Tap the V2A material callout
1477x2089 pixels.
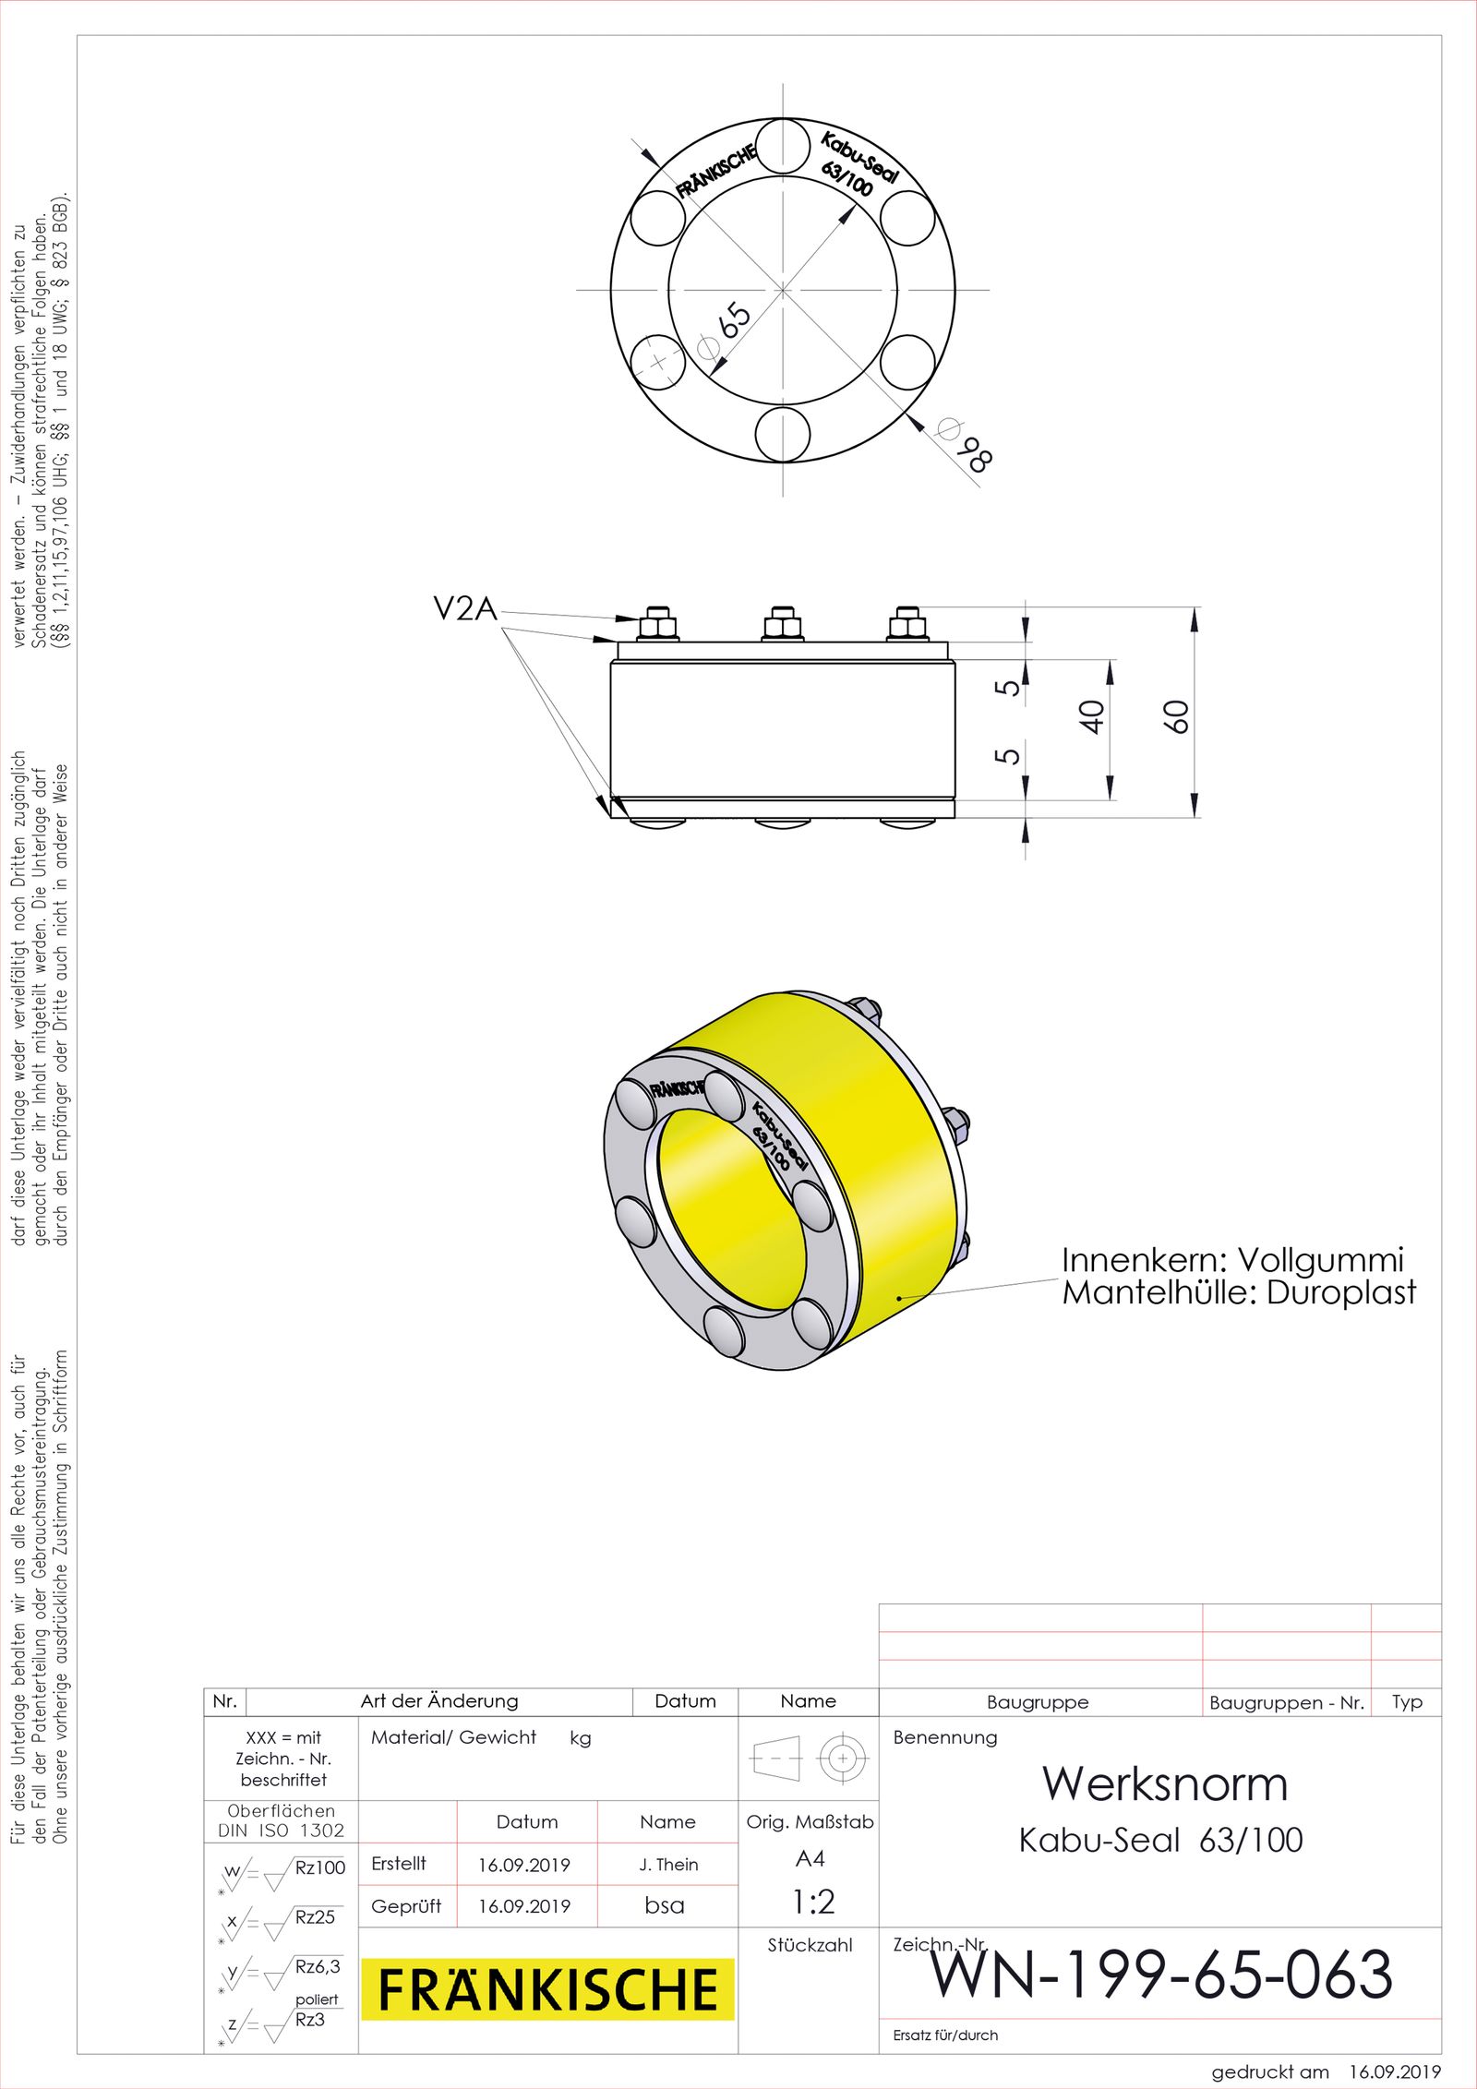click(465, 609)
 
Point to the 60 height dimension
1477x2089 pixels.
click(1175, 716)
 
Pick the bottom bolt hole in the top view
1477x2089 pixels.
click(783, 434)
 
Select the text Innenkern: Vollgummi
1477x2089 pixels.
click(1231, 1260)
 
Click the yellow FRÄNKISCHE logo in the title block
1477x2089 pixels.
click(547, 1989)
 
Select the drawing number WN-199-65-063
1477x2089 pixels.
click(1161, 1975)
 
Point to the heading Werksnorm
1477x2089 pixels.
click(1165, 1783)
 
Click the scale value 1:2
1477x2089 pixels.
click(813, 1902)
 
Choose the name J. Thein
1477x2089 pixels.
click(668, 1865)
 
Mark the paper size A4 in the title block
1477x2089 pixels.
click(810, 1858)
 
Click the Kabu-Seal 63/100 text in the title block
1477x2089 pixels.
click(1160, 1841)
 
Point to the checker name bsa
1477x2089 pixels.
click(665, 1905)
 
